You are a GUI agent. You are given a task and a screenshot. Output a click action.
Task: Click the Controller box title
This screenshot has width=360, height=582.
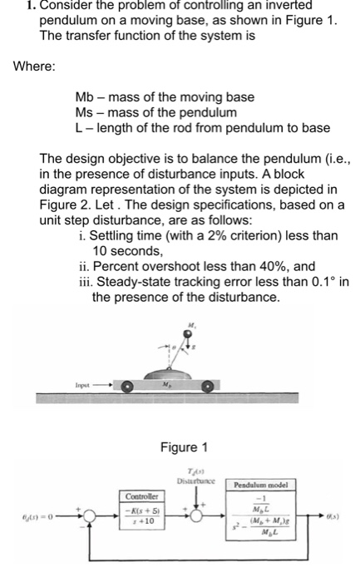pos(139,496)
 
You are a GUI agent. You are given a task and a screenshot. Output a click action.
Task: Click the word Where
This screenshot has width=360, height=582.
pos(34,66)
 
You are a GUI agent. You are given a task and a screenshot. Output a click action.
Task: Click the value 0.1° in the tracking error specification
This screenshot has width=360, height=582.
pos(311,283)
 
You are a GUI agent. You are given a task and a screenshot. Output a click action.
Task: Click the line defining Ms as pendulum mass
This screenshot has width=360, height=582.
pos(155,111)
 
